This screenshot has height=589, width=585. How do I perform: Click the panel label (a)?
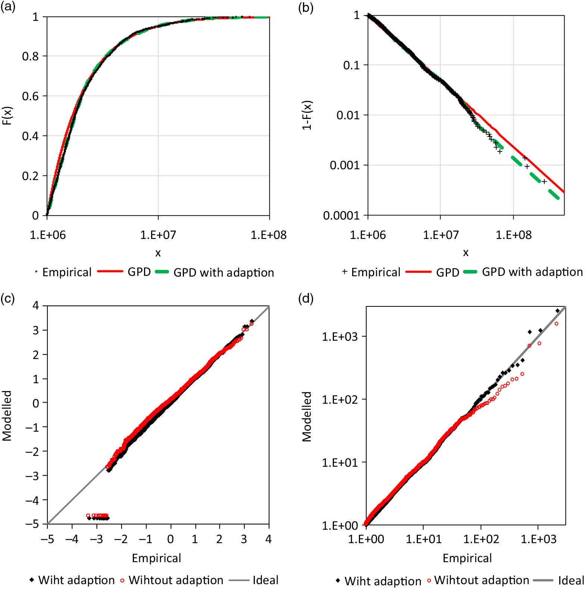pyautogui.click(x=8, y=7)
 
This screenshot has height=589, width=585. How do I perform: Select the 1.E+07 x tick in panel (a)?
pyautogui.click(x=158, y=235)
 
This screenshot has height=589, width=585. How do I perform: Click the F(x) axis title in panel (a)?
pyautogui.click(x=7, y=116)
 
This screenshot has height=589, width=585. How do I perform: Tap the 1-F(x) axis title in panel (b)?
pyautogui.click(x=307, y=116)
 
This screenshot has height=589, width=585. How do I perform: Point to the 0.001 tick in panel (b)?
pyautogui.click(x=344, y=165)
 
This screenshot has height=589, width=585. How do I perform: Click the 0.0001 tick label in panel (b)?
pyautogui.click(x=341, y=215)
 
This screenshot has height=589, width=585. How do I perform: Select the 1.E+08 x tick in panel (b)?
pyautogui.click(x=513, y=235)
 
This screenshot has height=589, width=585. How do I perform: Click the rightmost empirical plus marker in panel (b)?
pyautogui.click(x=544, y=182)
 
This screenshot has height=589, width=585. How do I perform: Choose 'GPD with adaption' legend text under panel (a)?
pyautogui.click(x=223, y=273)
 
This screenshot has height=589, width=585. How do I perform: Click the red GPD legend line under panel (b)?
pyautogui.click(x=418, y=272)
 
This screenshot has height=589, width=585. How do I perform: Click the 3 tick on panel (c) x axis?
pyautogui.click(x=244, y=539)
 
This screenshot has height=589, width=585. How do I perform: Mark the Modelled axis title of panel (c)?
pyautogui.click(x=7, y=416)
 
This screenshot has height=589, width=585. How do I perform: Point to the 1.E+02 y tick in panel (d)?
pyautogui.click(x=339, y=400)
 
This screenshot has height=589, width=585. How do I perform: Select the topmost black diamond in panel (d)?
pyautogui.click(x=557, y=311)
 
